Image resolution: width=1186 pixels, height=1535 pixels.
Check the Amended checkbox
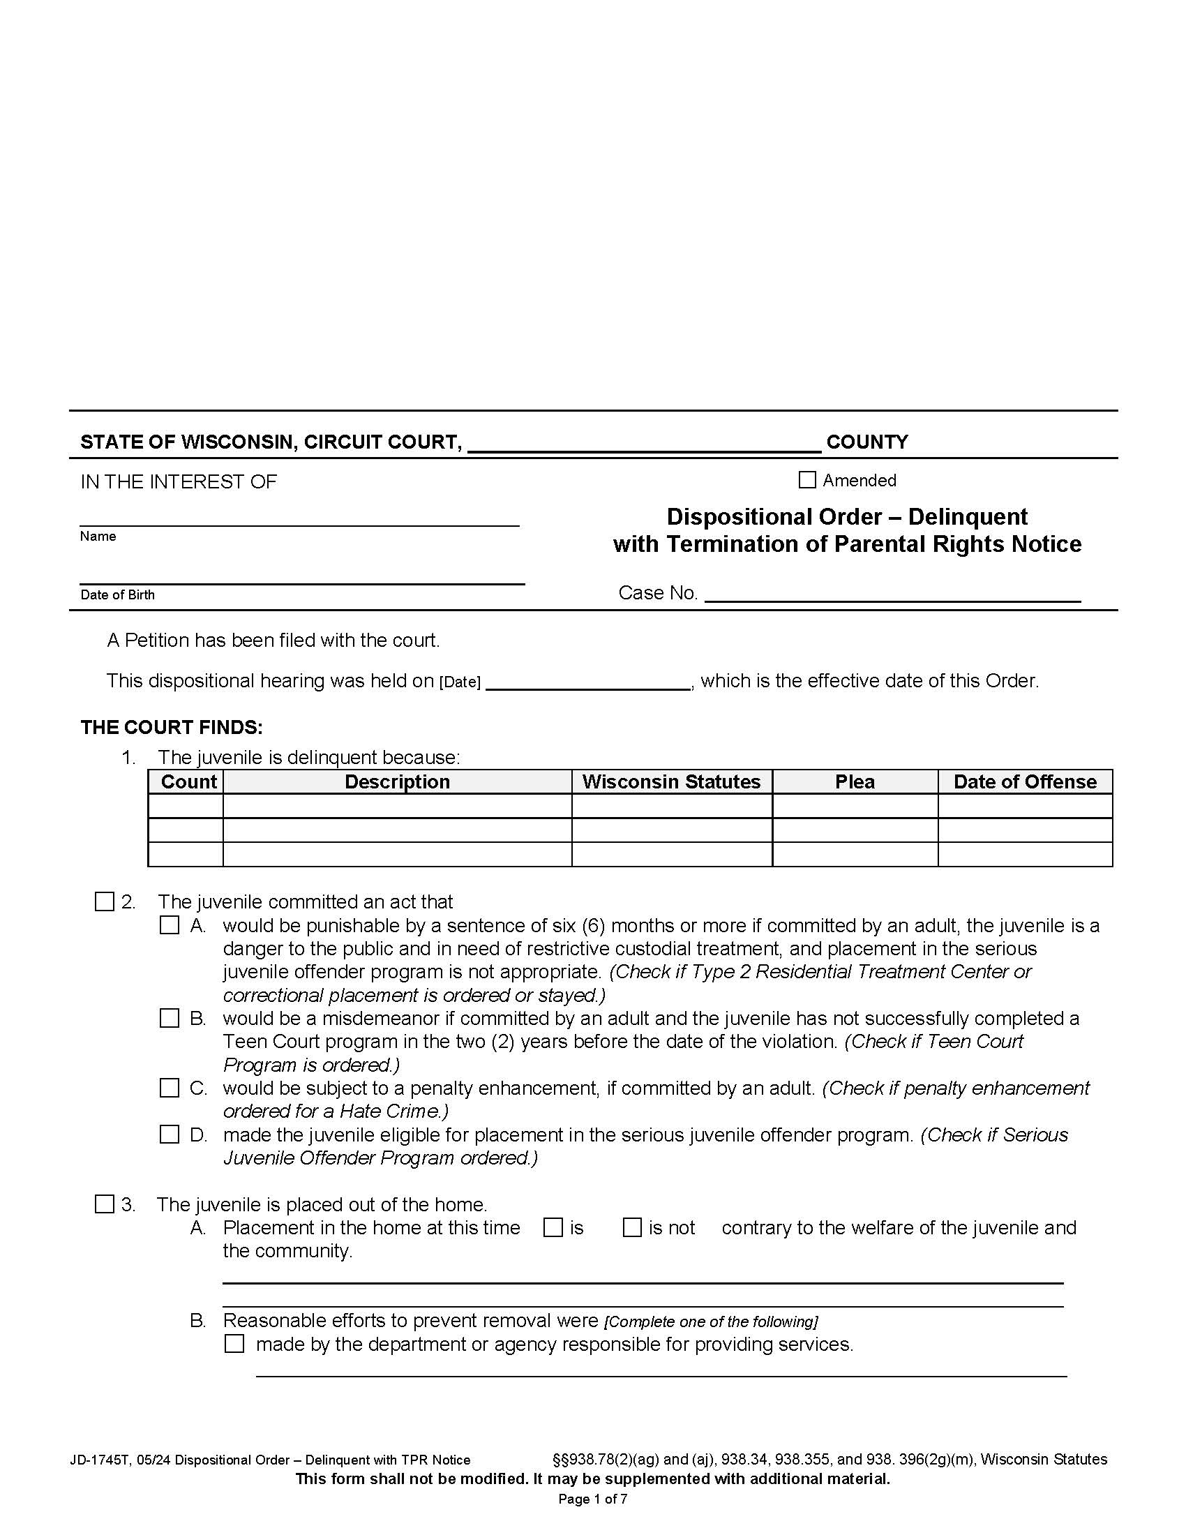click(807, 480)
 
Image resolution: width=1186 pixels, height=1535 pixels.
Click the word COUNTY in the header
click(867, 442)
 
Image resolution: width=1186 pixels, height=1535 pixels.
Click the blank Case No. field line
click(892, 594)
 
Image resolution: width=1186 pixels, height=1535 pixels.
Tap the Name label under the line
click(98, 537)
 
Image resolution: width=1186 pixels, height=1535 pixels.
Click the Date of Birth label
click(117, 594)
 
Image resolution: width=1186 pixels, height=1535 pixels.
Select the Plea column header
click(855, 781)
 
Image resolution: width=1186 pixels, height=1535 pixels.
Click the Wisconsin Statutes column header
click(671, 781)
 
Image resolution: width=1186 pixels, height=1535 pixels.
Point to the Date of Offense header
click(1024, 781)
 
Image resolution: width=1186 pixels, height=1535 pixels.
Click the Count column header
click(188, 781)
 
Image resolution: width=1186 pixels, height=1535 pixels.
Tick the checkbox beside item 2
click(104, 901)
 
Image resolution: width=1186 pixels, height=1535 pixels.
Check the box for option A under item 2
click(170, 925)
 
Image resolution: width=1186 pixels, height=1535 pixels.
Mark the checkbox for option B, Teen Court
click(170, 1019)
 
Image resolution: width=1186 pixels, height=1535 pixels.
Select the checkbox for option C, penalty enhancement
click(170, 1088)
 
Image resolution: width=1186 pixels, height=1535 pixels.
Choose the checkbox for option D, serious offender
click(170, 1135)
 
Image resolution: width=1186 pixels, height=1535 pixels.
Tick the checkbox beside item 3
click(104, 1204)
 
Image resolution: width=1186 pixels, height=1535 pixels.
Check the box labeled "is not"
click(632, 1227)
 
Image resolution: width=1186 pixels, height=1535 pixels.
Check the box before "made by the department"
click(234, 1344)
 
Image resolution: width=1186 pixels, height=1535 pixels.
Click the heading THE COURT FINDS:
click(172, 727)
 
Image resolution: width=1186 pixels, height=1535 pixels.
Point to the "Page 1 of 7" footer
click(592, 1499)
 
